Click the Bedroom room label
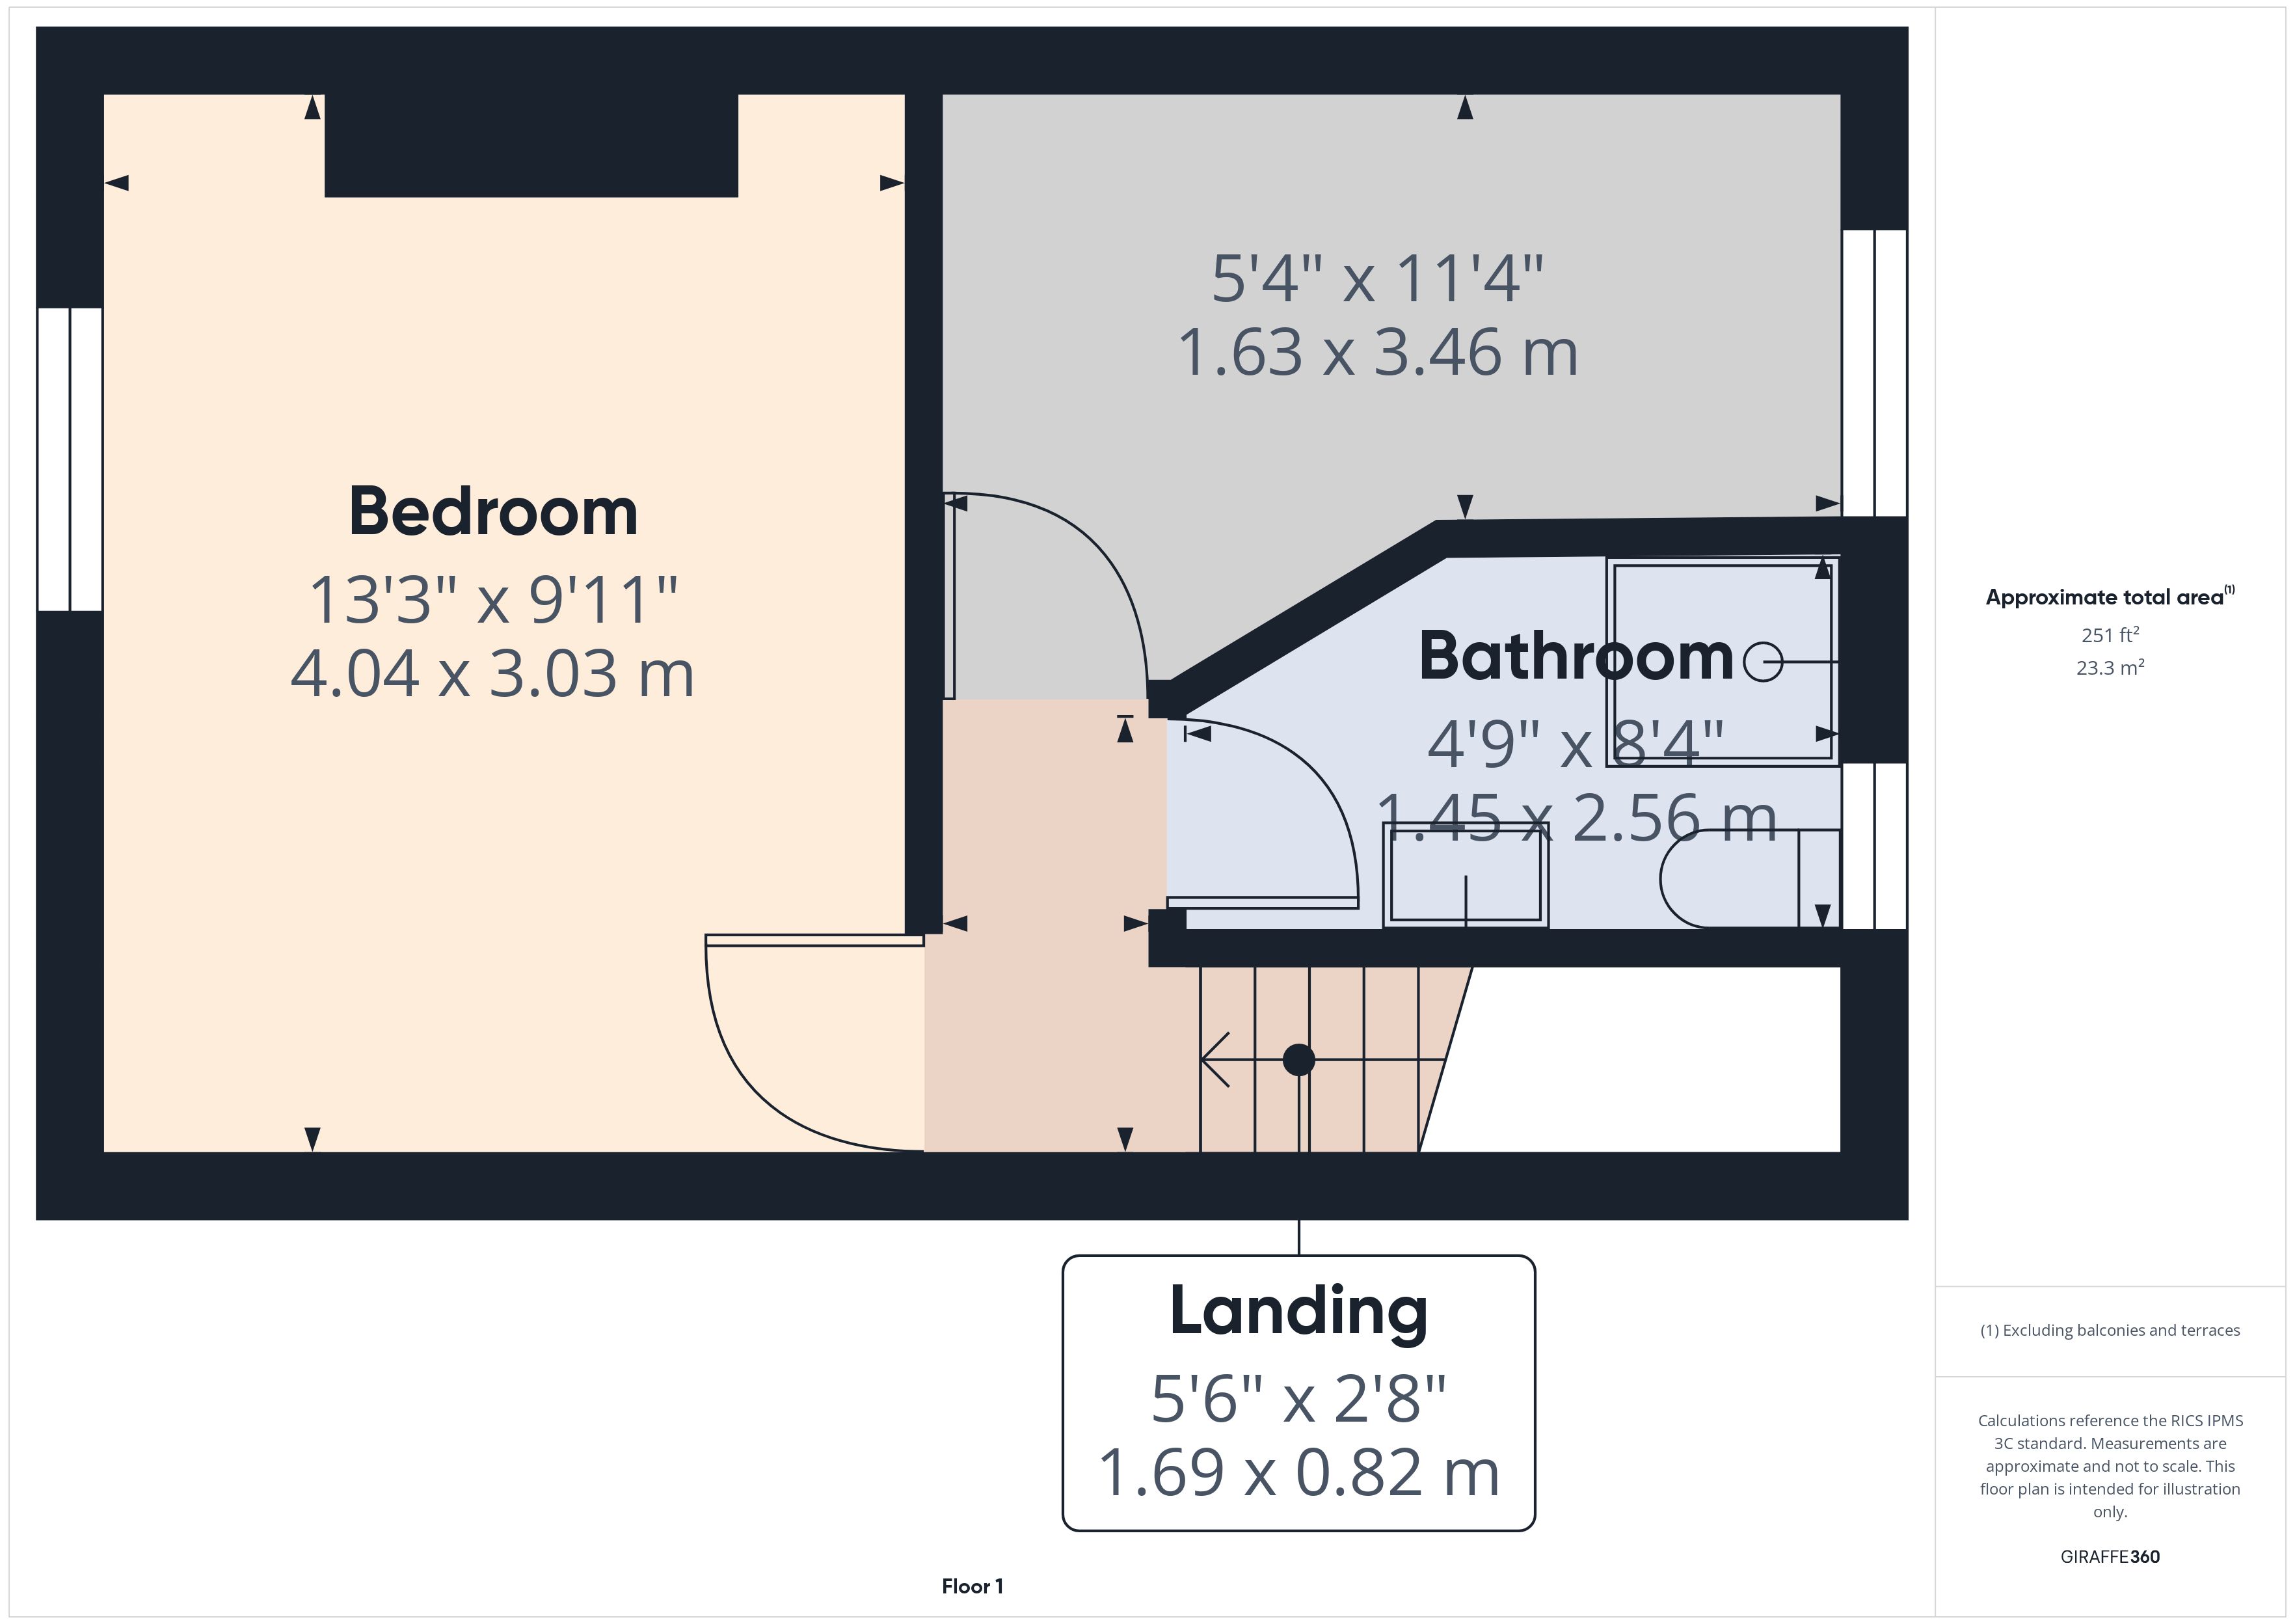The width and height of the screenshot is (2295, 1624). click(x=493, y=512)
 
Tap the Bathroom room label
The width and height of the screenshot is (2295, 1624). click(x=1576, y=657)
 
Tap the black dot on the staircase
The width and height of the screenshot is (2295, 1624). click(x=1298, y=1059)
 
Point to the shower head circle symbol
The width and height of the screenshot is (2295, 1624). click(x=1762, y=662)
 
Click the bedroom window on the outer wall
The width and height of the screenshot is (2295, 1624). click(x=70, y=459)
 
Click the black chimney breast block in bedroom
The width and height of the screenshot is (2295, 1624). click(x=531, y=145)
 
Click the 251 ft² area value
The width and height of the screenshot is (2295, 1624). click(x=2109, y=635)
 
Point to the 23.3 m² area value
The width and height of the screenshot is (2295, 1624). click(x=2109, y=668)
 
